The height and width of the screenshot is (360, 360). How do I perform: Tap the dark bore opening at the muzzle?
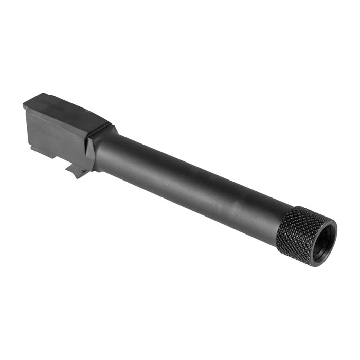click(x=323, y=241)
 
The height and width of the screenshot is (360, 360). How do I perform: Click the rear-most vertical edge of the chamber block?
click(x=25, y=123)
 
